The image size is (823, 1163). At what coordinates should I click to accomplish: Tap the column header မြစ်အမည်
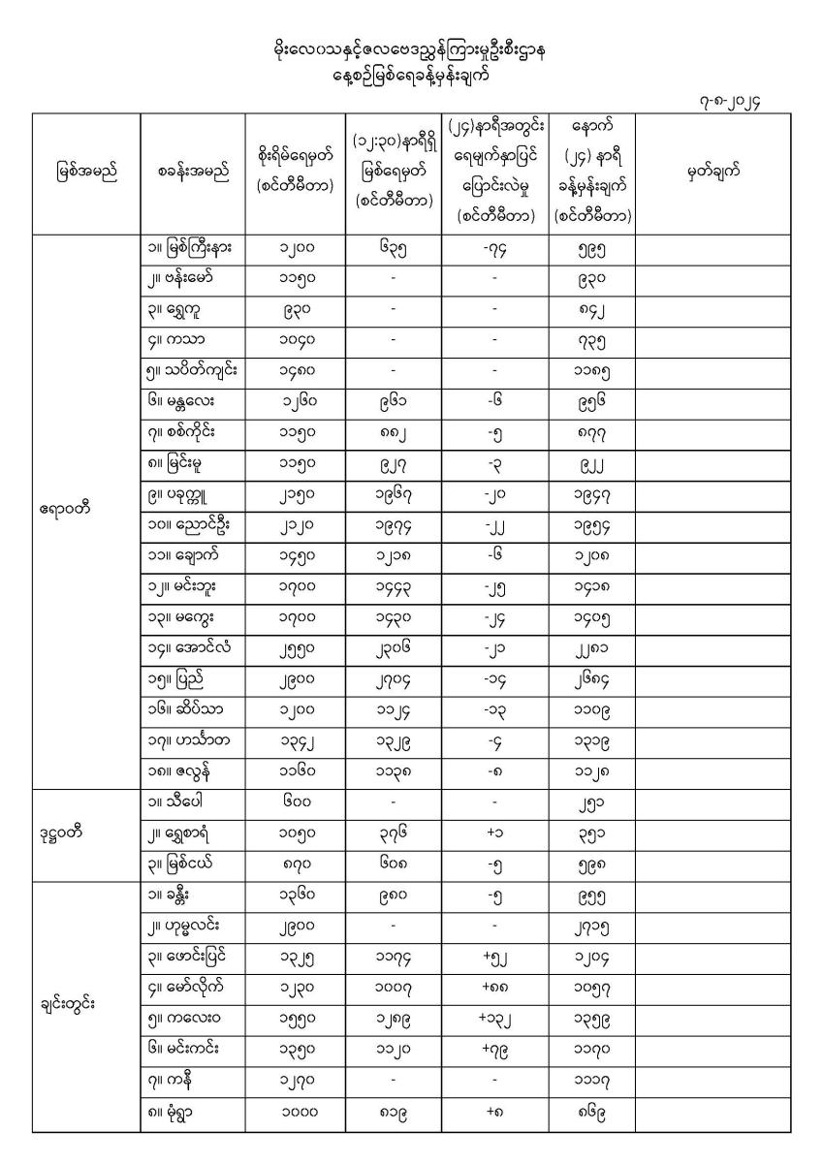[85, 173]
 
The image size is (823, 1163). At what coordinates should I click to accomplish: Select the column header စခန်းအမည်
[193, 173]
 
